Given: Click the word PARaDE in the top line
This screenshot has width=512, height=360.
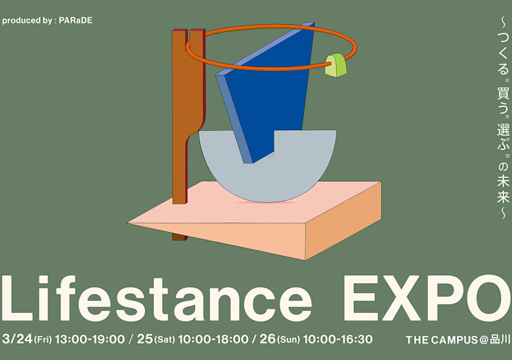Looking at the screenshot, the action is click(x=75, y=20).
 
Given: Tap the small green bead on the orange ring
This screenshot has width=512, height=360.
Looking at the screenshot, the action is click(x=335, y=65).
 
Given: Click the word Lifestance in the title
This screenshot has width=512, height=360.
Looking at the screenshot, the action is click(x=157, y=298).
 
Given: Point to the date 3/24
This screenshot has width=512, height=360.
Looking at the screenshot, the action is click(x=17, y=339).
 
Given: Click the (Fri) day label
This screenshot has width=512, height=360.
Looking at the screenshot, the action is click(x=43, y=340).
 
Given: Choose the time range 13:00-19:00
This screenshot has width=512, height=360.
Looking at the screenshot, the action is click(x=90, y=339).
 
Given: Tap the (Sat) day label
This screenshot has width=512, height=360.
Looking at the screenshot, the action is click(x=165, y=340).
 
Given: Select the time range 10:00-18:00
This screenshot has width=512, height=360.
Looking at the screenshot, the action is click(x=213, y=339).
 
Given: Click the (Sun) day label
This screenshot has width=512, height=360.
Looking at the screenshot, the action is click(x=288, y=340).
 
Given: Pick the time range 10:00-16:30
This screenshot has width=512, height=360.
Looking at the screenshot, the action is click(x=337, y=339).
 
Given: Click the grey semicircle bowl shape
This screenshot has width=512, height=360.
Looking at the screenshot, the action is click(x=268, y=177).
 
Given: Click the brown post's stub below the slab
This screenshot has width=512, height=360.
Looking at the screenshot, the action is click(x=179, y=237).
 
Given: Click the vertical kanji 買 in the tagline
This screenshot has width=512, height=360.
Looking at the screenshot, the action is click(x=503, y=93).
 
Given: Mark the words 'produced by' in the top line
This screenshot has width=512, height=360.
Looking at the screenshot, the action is click(x=26, y=20).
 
